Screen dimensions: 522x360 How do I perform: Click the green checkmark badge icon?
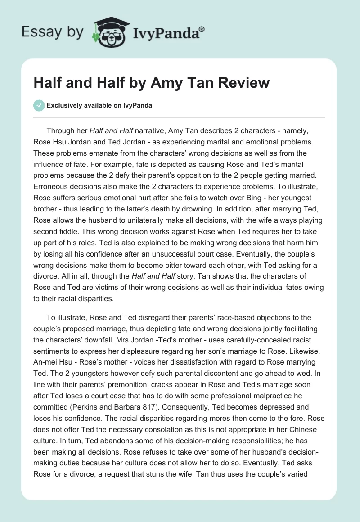[39, 106]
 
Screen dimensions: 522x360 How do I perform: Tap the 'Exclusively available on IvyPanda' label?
[99, 106]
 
